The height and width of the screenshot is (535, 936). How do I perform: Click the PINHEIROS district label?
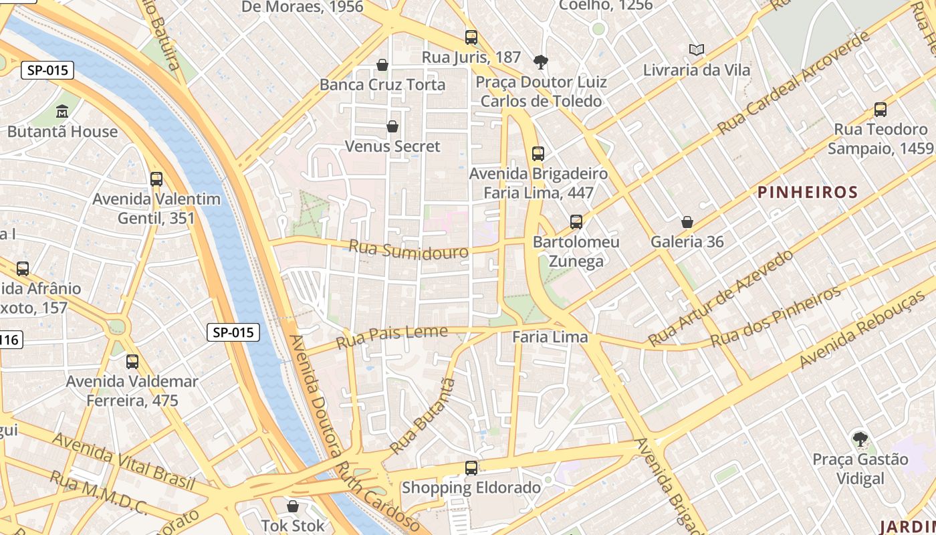point(807,193)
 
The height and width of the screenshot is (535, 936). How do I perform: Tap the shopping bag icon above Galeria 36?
point(687,222)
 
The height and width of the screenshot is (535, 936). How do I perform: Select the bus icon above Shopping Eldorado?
point(471,467)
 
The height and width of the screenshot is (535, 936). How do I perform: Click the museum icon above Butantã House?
point(62,111)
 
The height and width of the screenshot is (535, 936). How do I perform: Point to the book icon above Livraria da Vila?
point(697,49)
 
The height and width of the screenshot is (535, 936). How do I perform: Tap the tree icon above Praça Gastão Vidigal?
point(860,439)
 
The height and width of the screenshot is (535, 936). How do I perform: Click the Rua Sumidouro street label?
point(408,250)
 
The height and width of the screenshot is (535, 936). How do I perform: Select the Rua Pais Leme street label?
point(392,337)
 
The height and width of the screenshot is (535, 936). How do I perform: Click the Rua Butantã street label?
point(423,416)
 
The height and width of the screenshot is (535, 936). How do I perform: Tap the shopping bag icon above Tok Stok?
point(292,506)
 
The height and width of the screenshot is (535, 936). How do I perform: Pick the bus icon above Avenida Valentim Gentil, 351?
point(156,179)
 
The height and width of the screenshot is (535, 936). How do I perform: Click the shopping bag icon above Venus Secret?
point(392,126)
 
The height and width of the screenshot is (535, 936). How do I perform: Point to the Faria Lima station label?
point(550,337)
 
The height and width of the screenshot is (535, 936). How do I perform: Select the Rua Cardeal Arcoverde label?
point(794,83)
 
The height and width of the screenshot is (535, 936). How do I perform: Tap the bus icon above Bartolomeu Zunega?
point(576,221)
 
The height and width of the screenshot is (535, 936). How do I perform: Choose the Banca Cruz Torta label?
point(382,85)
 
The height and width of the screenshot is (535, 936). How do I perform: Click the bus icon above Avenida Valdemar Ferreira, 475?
point(132,362)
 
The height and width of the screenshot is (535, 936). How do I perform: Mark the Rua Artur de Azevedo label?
point(721,298)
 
